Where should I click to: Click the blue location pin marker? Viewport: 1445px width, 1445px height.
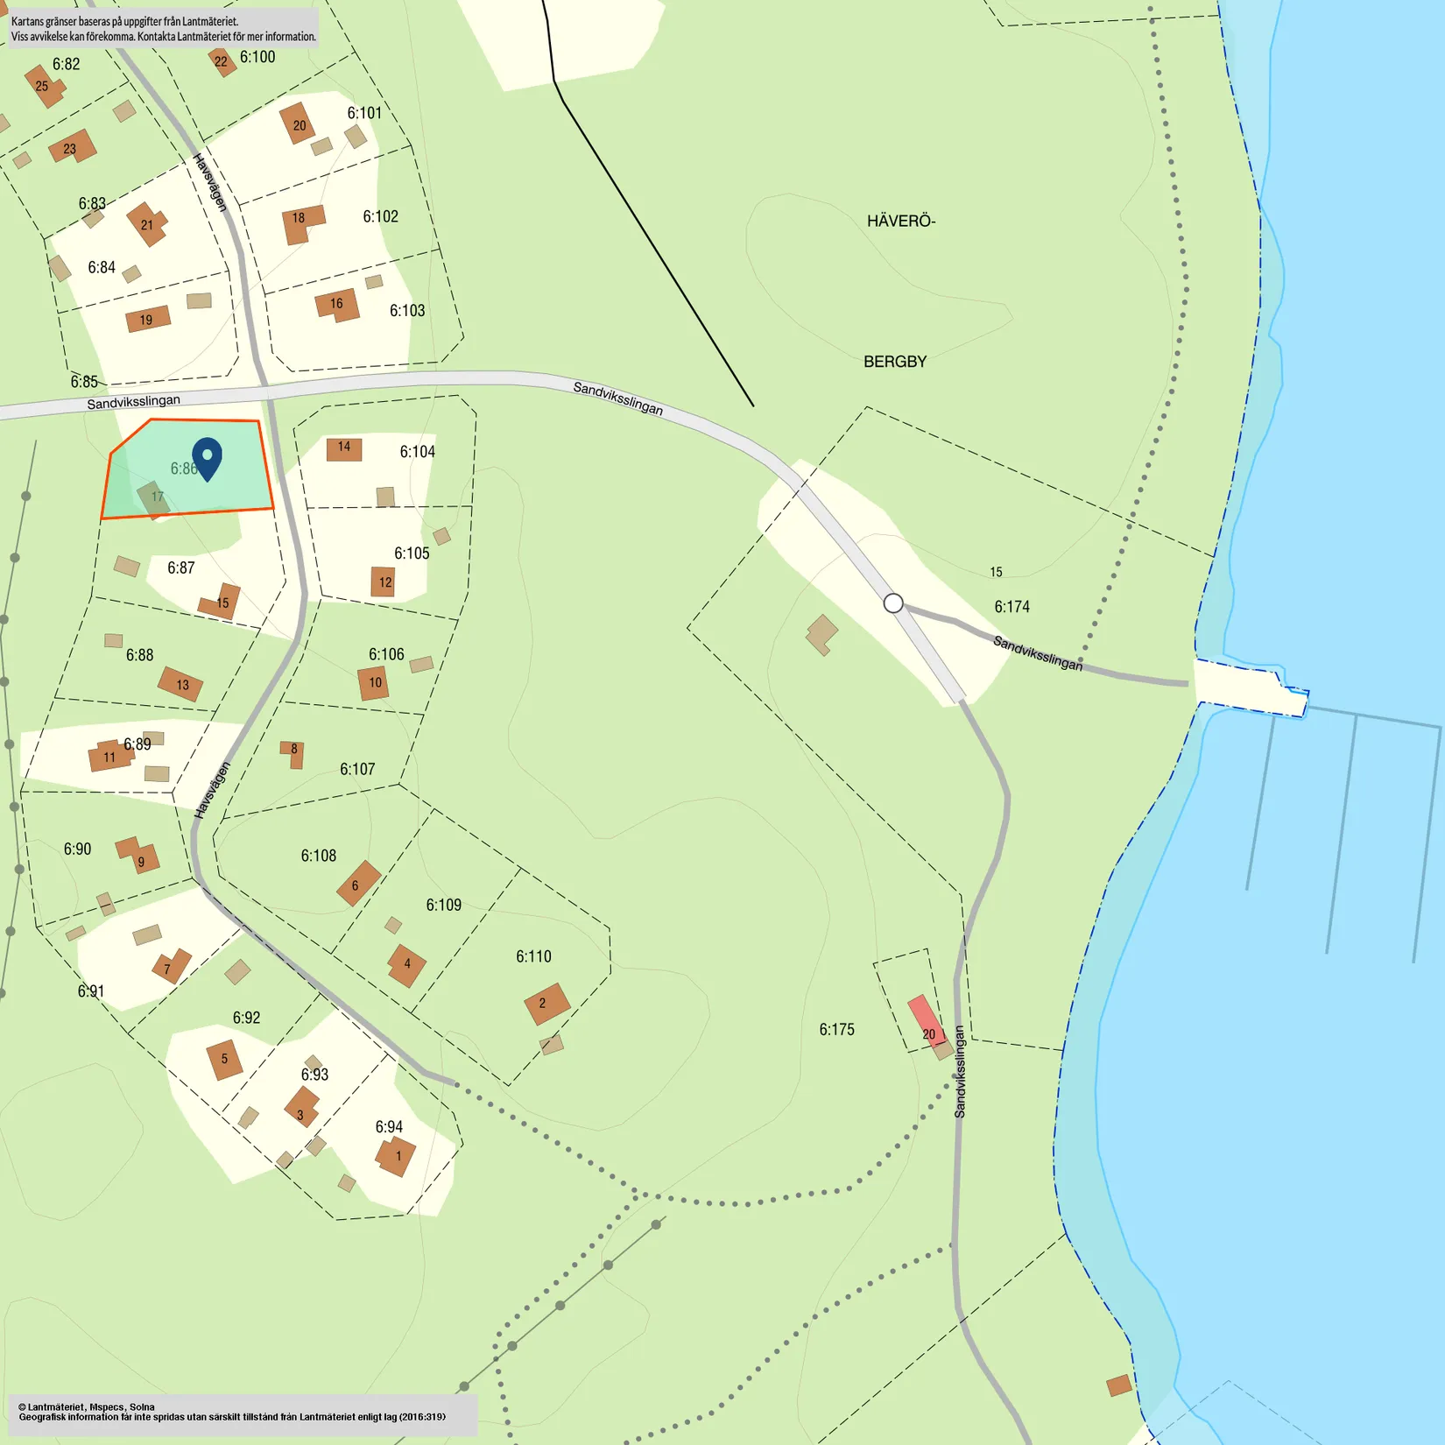click(207, 456)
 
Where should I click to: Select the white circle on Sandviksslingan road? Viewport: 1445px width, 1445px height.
click(893, 603)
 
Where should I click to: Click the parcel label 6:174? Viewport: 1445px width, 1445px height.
click(1011, 607)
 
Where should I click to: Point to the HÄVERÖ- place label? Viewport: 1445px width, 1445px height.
click(901, 222)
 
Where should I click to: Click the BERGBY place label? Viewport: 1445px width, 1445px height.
click(895, 362)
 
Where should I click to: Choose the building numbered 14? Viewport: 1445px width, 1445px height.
click(344, 448)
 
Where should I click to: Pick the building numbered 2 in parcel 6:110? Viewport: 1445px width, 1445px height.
click(546, 1004)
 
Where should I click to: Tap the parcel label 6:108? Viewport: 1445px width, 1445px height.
click(318, 856)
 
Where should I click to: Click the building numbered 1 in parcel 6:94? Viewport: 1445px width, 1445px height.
click(396, 1156)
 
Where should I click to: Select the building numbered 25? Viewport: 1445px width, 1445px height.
click(44, 86)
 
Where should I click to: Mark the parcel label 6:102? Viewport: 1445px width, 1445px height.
click(380, 216)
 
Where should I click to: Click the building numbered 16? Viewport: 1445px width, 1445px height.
click(337, 305)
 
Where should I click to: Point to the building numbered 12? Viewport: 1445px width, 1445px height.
click(384, 582)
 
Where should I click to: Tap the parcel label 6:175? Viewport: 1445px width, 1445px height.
click(836, 1030)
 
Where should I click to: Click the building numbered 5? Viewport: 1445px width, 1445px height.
click(224, 1060)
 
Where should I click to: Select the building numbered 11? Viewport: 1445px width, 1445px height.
click(109, 757)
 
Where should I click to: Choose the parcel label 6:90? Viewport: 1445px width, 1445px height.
click(77, 849)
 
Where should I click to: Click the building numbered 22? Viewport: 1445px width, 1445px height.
click(222, 61)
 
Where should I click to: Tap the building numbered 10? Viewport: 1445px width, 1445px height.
click(374, 683)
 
